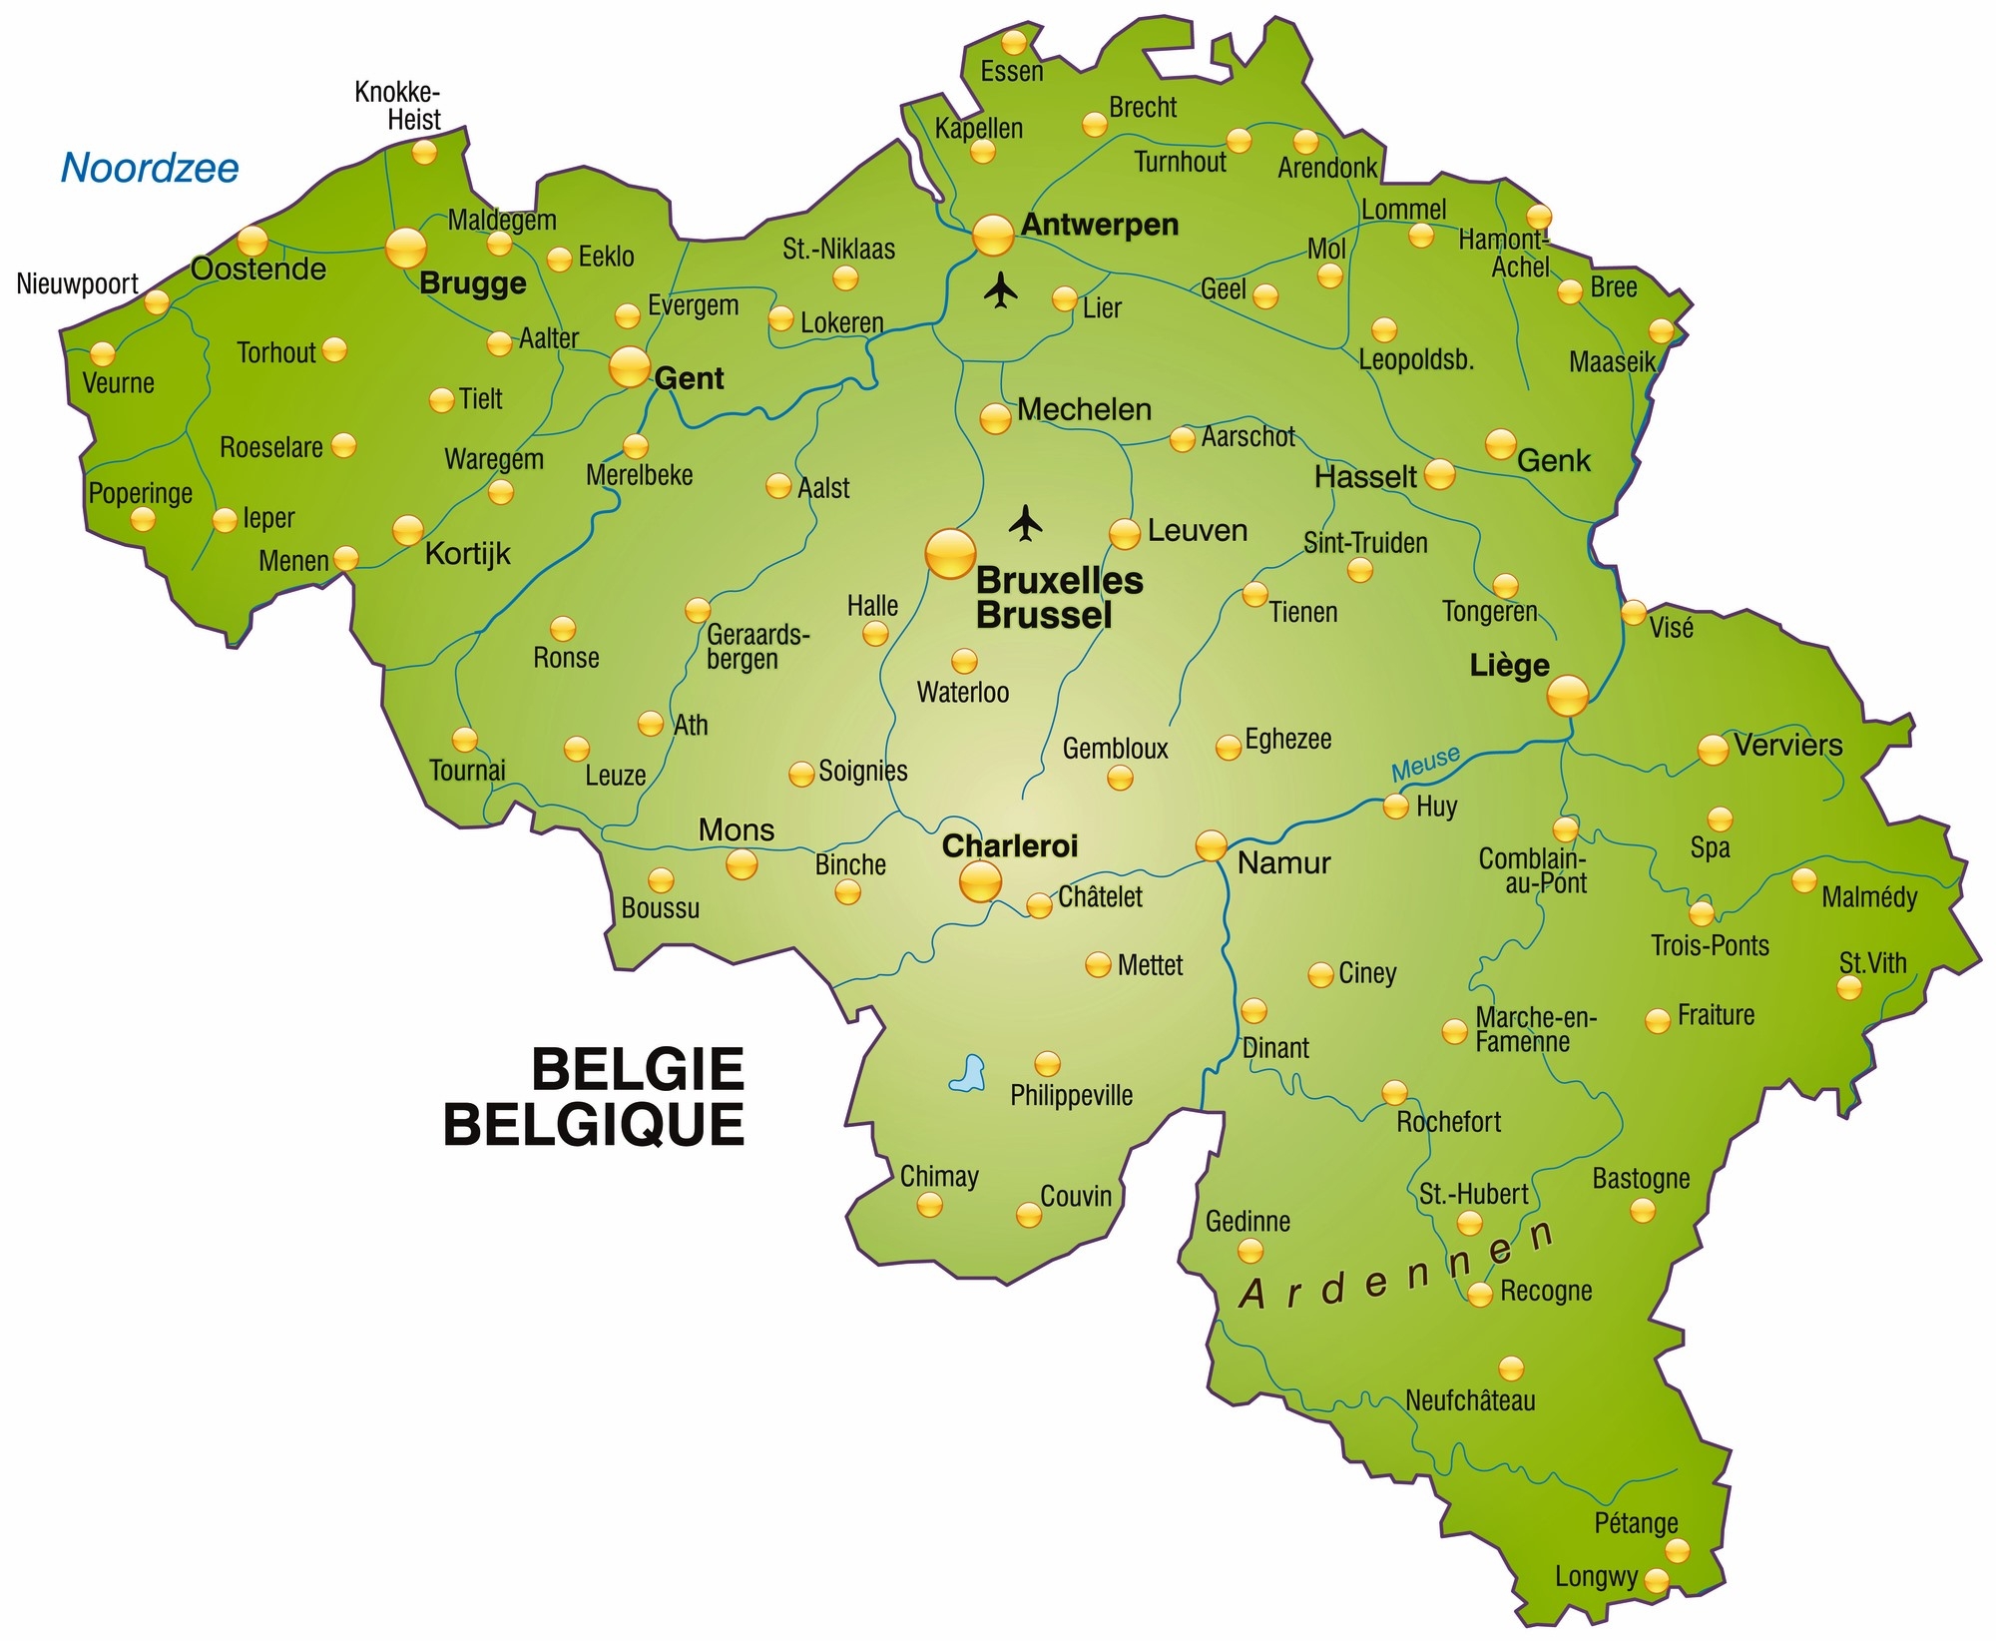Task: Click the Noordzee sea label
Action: (150, 168)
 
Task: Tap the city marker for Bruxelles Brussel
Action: (950, 554)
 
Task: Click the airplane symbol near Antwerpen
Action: (1000, 291)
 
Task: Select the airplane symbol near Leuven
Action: (1025, 522)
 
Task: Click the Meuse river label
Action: (1425, 764)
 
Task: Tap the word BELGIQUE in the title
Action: (594, 1125)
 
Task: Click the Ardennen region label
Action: (1397, 1268)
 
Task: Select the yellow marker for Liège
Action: (1567, 695)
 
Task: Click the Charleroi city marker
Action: (980, 881)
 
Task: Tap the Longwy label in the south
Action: (1596, 1576)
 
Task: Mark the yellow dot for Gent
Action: (630, 367)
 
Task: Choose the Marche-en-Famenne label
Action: (1535, 1029)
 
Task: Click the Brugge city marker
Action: (406, 248)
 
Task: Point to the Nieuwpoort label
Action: (78, 283)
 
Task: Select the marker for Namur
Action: (1212, 845)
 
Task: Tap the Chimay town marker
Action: (929, 1205)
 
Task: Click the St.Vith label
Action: (1872, 962)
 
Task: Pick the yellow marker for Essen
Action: (1014, 43)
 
